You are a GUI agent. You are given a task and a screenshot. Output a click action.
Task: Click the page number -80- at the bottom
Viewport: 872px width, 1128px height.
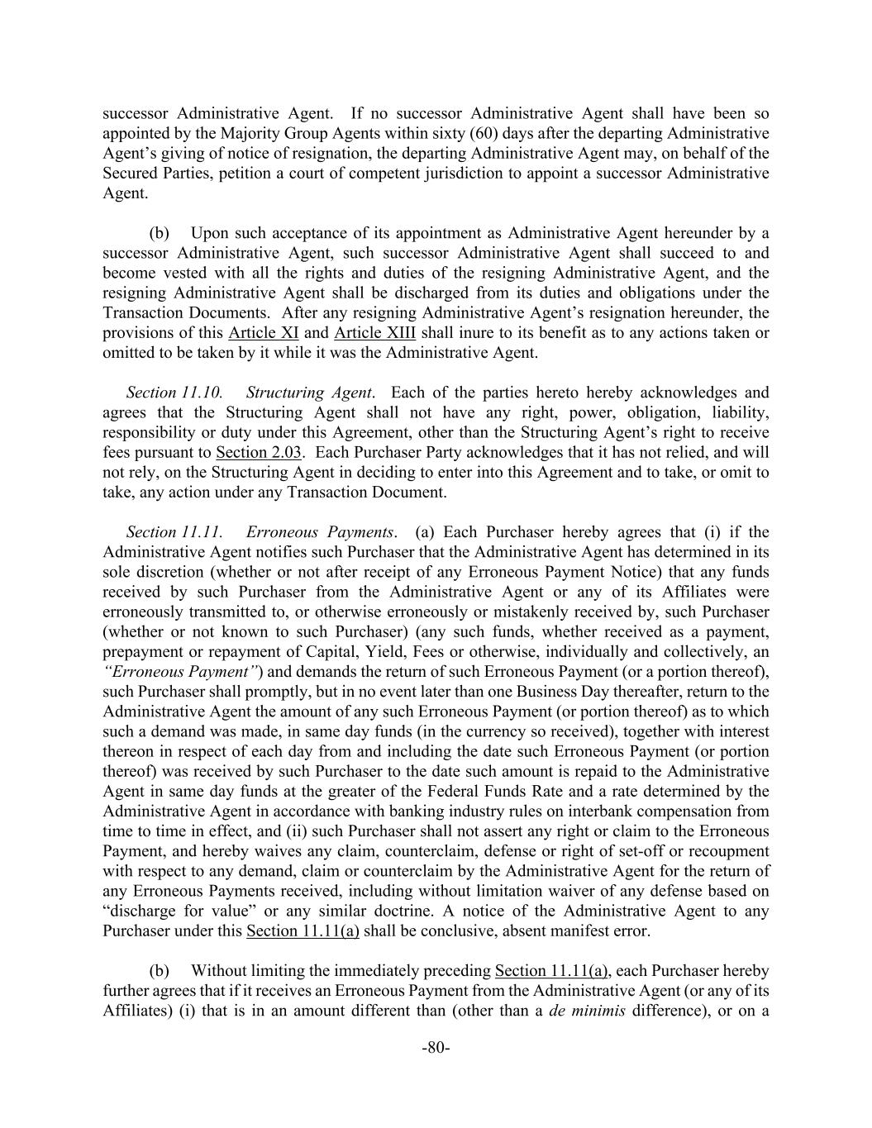point(436,1048)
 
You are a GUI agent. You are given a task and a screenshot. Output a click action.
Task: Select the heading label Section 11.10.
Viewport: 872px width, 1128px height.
point(174,393)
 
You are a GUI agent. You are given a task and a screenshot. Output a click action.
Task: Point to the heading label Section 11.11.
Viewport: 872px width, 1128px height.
point(174,532)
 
